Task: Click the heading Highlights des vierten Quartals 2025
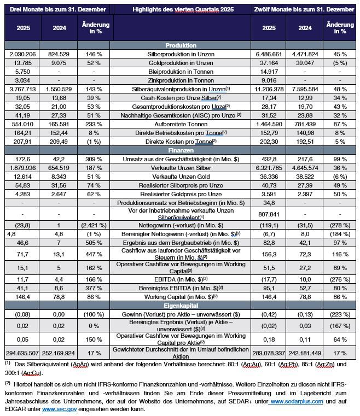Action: tap(183, 9)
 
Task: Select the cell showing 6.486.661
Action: tap(269, 54)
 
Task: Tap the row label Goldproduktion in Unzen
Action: tap(183, 63)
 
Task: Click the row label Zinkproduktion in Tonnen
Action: tap(183, 80)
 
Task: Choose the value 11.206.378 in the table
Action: tap(269, 89)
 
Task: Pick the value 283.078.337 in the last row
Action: tap(269, 353)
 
